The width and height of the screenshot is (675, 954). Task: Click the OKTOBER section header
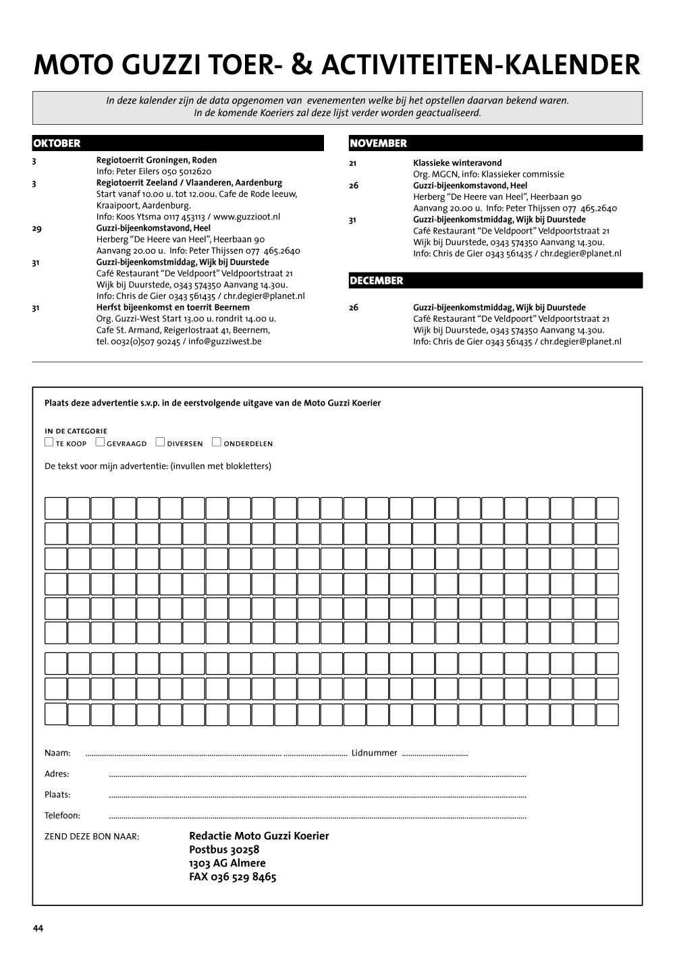[x=57, y=143]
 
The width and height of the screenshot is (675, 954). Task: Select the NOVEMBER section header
[x=378, y=143]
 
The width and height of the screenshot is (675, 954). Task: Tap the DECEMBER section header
[x=376, y=281]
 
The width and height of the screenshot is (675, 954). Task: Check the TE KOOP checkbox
[x=49, y=443]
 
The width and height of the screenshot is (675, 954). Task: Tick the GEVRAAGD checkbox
[x=100, y=443]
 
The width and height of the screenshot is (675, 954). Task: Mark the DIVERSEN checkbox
[x=160, y=443]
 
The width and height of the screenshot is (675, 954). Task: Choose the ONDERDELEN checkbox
[x=217, y=443]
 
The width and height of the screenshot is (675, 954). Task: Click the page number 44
[x=38, y=928]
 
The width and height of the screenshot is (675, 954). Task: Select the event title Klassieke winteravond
[x=457, y=163]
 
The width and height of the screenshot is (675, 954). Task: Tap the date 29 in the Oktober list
[x=36, y=228]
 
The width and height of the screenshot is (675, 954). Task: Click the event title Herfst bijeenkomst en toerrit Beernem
[x=173, y=307]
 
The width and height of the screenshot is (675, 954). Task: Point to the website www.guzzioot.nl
[x=246, y=217]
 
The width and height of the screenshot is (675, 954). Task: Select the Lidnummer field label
[x=374, y=753]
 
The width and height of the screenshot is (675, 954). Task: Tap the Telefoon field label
[x=62, y=816]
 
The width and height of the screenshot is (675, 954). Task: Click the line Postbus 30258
[x=224, y=849]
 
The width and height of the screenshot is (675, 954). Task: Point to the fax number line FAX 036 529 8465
[x=233, y=877]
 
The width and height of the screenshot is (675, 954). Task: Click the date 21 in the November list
[x=353, y=163]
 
